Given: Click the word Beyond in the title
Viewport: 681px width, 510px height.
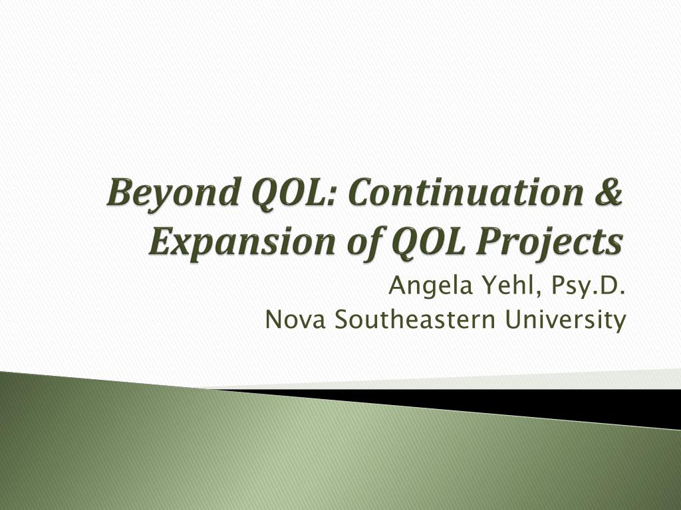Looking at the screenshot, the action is [x=173, y=193].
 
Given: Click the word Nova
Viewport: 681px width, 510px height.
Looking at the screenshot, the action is [x=295, y=320].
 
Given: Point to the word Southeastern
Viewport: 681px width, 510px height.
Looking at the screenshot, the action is [x=415, y=319].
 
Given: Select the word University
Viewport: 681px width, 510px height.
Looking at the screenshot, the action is [x=565, y=321].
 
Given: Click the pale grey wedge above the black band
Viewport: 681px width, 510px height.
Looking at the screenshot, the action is [x=521, y=381].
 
